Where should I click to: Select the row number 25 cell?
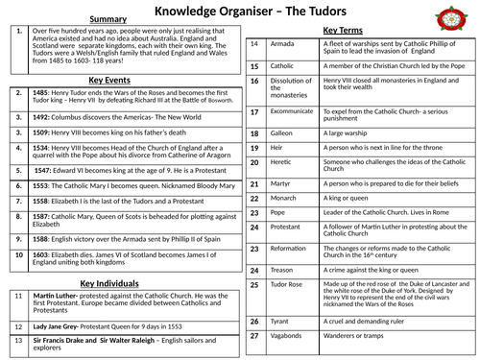pos(254,284)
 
